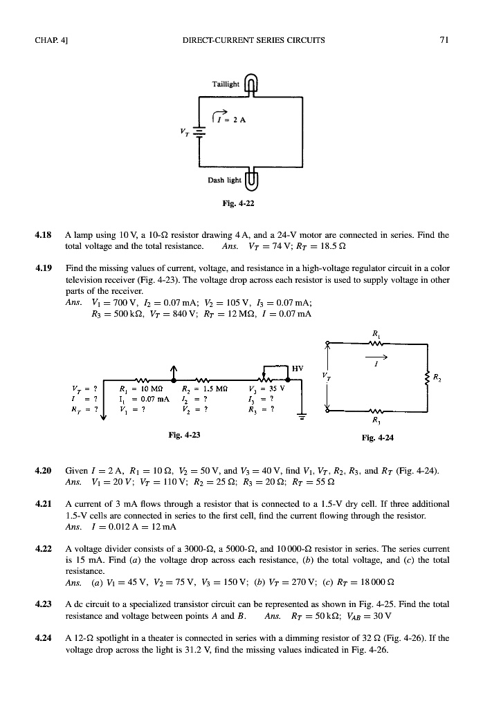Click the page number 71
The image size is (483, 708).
[x=445, y=39]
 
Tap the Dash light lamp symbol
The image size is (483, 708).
[x=252, y=180]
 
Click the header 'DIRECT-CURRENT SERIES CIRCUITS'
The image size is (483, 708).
[x=253, y=39]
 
